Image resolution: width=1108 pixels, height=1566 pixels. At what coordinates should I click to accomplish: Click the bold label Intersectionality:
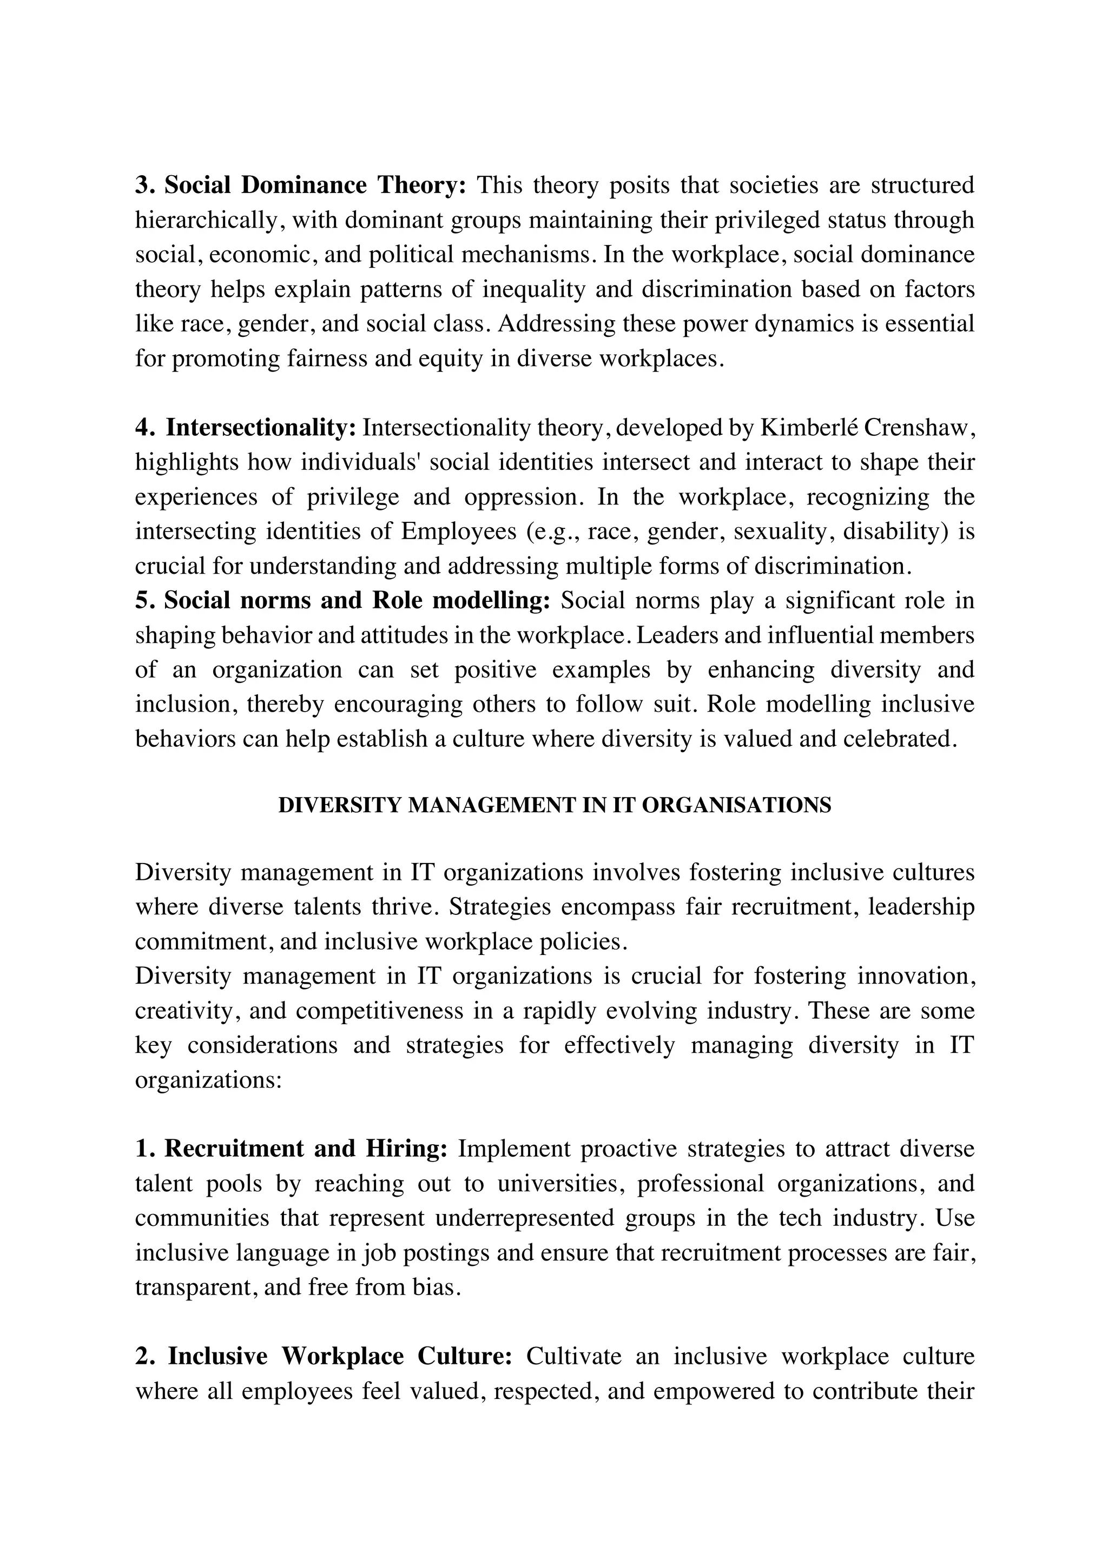(x=261, y=428)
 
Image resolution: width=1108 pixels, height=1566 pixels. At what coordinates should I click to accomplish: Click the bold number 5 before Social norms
(x=141, y=600)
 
